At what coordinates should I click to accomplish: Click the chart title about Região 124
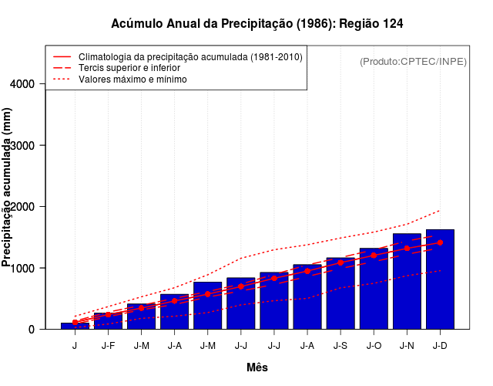(x=257, y=24)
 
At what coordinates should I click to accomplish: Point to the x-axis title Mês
(x=257, y=367)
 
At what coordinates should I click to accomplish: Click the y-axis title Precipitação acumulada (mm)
(x=8, y=188)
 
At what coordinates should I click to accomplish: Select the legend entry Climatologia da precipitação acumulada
(x=190, y=57)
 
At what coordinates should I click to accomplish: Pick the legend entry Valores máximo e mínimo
(x=132, y=80)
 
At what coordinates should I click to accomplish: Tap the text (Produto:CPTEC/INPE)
(x=413, y=61)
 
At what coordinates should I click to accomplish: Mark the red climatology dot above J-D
(x=440, y=242)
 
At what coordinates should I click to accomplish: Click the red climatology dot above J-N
(x=407, y=249)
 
